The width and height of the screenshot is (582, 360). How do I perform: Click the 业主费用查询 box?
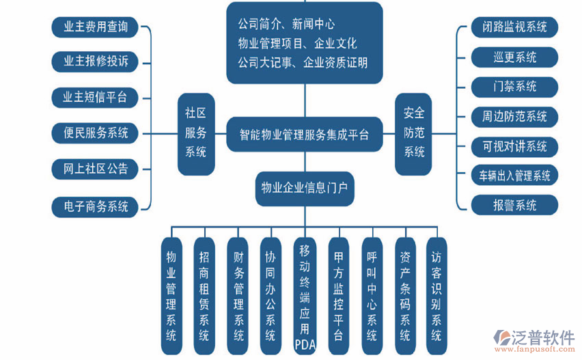click(x=95, y=27)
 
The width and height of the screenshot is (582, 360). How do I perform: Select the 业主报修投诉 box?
click(x=95, y=61)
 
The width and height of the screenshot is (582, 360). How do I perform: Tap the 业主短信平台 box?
click(x=95, y=97)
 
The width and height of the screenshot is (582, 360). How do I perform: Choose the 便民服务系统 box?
click(x=95, y=133)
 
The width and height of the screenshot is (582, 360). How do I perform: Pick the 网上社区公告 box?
click(x=95, y=168)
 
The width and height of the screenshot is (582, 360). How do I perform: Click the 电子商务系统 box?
click(x=95, y=205)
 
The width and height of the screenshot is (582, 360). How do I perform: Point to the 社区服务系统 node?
click(x=196, y=133)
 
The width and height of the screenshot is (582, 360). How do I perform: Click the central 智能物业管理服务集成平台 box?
click(x=305, y=134)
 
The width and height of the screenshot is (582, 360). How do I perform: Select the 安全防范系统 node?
click(x=414, y=133)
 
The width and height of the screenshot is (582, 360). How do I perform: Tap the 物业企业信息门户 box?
click(x=305, y=188)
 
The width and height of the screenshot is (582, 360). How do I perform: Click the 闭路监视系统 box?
click(x=514, y=27)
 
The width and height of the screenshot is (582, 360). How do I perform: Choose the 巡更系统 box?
click(x=514, y=57)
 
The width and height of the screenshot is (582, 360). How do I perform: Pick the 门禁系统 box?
click(x=514, y=87)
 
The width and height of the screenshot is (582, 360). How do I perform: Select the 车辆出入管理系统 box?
click(x=514, y=175)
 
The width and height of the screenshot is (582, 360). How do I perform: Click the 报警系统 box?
click(x=514, y=205)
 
